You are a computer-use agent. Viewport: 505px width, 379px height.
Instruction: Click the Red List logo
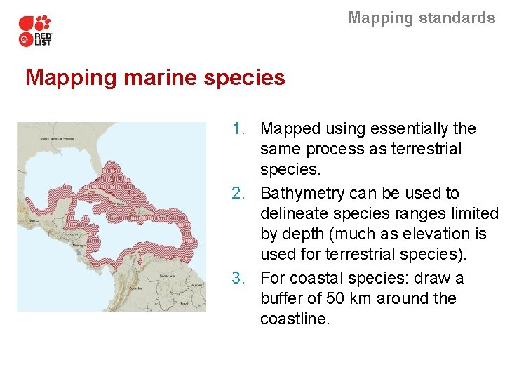click(35, 31)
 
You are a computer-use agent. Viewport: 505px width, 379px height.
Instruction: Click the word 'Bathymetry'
click(304, 193)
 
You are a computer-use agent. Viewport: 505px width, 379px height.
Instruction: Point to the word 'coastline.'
click(294, 319)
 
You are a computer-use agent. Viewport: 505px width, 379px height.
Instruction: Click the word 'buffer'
click(283, 298)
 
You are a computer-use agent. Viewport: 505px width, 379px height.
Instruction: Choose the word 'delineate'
click(295, 213)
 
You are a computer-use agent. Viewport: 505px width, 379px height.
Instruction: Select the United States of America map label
click(57, 139)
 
